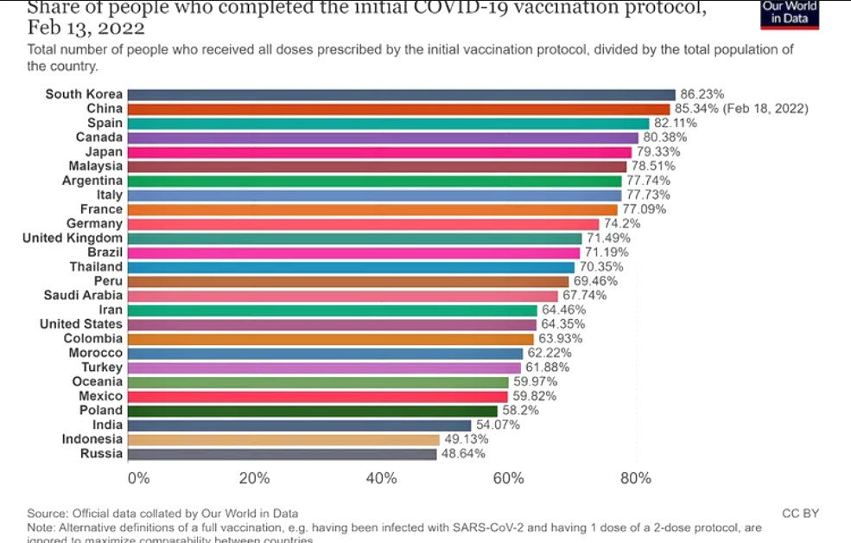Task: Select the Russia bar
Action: coord(282,454)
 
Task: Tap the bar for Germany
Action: coord(363,224)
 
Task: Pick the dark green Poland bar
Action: coord(312,411)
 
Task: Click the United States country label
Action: coord(81,324)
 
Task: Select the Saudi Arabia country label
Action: coord(83,296)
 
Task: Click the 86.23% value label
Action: coord(702,94)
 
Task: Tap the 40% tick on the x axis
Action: coord(381,479)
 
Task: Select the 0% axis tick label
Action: coord(138,479)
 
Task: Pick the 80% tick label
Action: coord(636,479)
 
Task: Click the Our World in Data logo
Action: coord(789,13)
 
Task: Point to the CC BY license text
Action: coord(800,514)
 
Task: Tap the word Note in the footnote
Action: coord(40,527)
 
